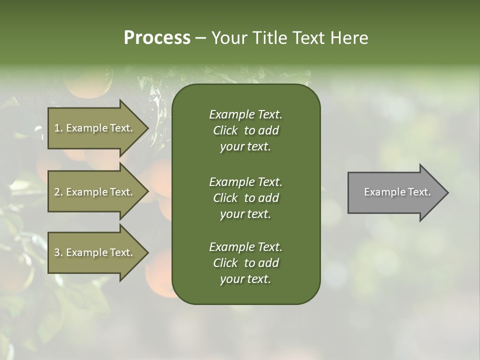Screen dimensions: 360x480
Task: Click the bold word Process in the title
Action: pyautogui.click(x=157, y=38)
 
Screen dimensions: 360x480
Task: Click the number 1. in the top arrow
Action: pyautogui.click(x=58, y=128)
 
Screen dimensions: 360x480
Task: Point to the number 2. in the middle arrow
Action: pyautogui.click(x=58, y=192)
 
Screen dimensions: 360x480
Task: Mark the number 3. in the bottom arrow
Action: pyautogui.click(x=58, y=252)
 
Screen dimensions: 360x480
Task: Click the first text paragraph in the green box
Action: pyautogui.click(x=245, y=130)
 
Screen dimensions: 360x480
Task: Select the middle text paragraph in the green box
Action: pyautogui.click(x=245, y=198)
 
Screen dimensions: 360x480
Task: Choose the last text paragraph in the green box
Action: pyautogui.click(x=245, y=263)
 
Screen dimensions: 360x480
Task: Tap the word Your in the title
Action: pyautogui.click(x=229, y=38)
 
